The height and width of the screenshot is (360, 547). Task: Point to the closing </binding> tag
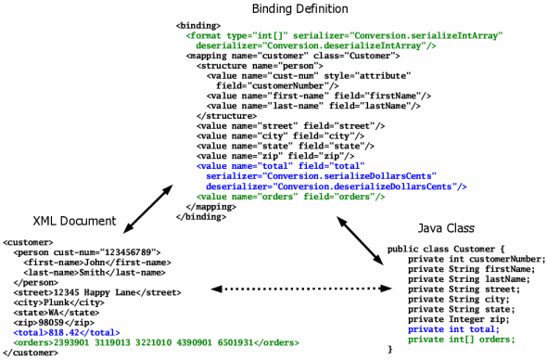(197, 216)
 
